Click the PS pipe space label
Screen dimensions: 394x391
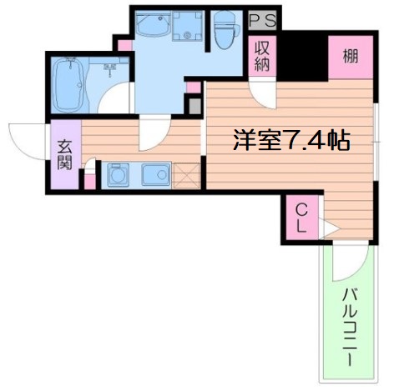coord(263,20)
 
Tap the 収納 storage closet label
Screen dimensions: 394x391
coord(262,57)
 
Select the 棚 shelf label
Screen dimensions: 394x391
coord(350,56)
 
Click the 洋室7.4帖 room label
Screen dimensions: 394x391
coord(291,140)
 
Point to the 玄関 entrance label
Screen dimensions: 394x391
coord(65,155)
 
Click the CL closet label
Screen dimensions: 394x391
coord(301,218)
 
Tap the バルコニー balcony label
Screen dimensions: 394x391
coord(350,328)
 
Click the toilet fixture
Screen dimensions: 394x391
coord(226,30)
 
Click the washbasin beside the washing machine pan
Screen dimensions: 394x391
coord(153,23)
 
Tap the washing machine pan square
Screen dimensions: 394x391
coord(187,26)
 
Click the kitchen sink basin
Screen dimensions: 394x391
coord(156,175)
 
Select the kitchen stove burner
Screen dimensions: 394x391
coord(118,175)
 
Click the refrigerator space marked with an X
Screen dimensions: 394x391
coord(186,175)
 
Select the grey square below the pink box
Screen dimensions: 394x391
coord(195,106)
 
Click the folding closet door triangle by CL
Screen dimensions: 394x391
coord(328,228)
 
